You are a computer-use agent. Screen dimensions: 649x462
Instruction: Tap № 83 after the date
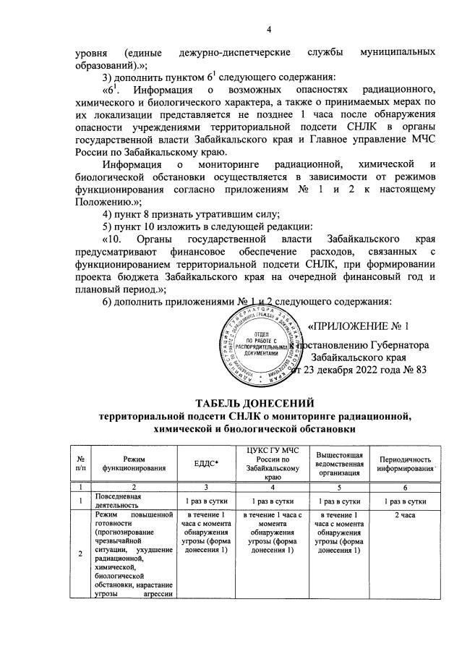(x=416, y=370)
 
